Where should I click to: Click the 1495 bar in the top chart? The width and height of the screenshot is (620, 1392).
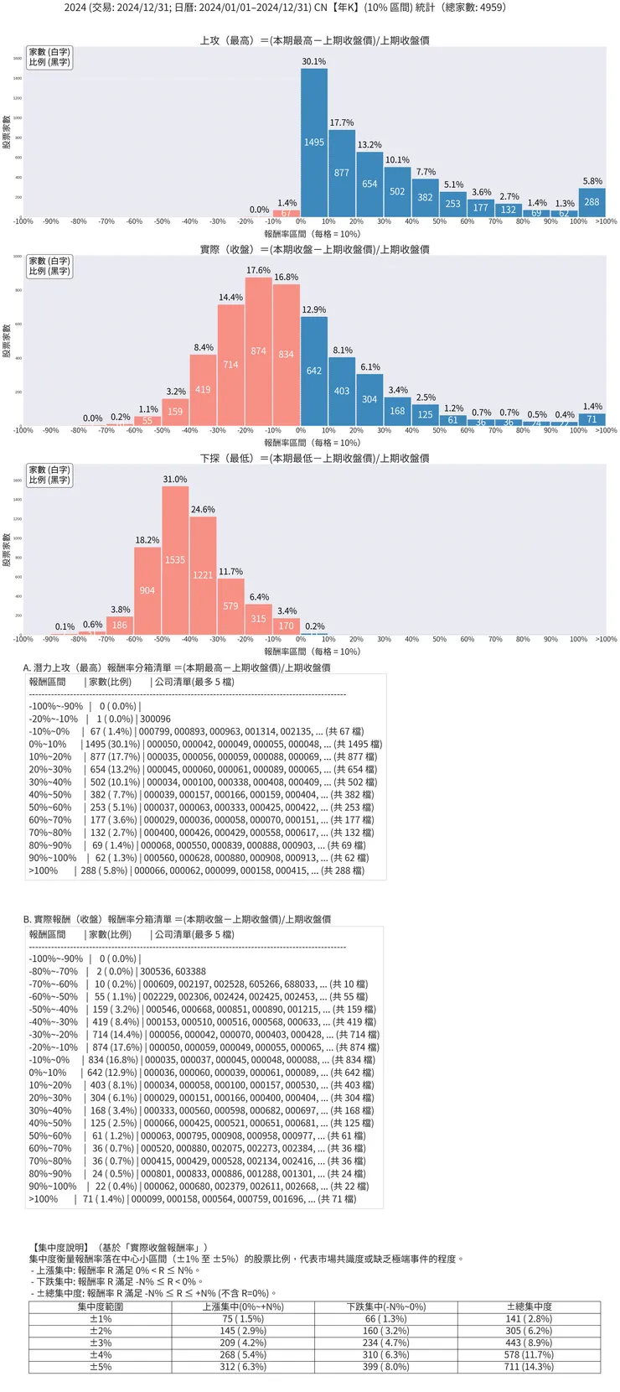pos(314,143)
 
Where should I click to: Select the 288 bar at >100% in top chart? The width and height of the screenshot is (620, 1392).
pos(592,202)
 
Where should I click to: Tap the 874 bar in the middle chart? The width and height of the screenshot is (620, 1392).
pos(258,351)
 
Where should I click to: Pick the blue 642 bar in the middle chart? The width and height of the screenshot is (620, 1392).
pos(314,371)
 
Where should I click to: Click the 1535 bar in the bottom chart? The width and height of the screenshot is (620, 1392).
pos(175,559)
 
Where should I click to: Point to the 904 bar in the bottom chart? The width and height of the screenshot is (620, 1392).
pos(147,590)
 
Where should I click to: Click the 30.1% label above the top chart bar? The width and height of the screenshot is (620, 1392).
pos(314,61)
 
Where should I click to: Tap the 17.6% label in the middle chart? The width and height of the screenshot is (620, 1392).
pos(258,270)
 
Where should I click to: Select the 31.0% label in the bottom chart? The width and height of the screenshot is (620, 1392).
pos(175,479)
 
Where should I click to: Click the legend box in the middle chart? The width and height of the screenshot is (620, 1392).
pos(49,266)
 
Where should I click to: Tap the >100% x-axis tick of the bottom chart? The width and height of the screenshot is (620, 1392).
pos(606,639)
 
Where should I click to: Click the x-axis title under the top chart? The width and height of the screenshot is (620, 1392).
pos(313,234)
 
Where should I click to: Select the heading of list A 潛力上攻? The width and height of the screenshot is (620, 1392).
pos(177,667)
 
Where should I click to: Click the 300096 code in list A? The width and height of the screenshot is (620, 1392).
pos(155,719)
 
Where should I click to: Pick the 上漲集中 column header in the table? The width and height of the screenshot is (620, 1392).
pos(243,1306)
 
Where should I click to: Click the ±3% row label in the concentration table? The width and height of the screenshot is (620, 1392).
pos(101,1343)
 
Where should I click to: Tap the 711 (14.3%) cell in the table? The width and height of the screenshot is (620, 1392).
pos(529,1367)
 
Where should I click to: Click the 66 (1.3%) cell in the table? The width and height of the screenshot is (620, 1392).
pos(385,1319)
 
